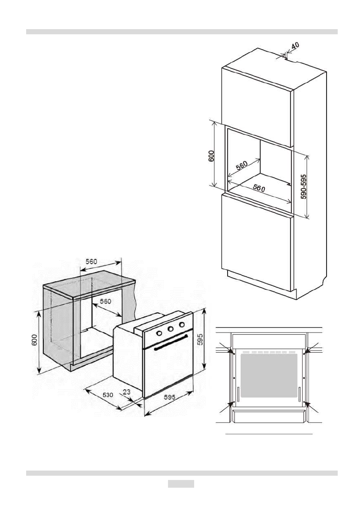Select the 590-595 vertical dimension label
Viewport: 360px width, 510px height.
coord(303,185)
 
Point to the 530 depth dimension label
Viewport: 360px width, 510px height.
coord(107,395)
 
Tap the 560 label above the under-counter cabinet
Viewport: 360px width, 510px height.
coord(91,261)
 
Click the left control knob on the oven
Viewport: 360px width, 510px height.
coord(159,333)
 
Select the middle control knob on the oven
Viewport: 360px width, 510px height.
coord(169,330)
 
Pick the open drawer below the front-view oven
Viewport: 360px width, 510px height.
coord(269,415)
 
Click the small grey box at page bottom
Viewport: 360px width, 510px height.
coord(180,484)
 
